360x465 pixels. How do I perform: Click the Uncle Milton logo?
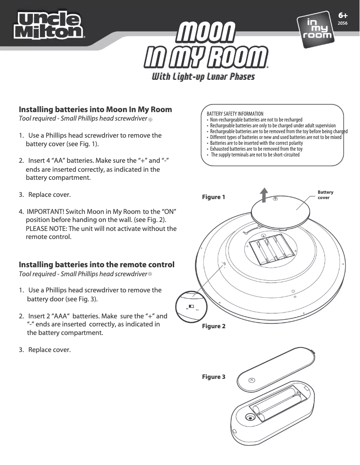coord(50,25)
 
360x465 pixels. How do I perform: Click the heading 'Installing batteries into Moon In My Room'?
coord(95,109)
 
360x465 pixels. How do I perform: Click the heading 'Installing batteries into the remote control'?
coord(97,265)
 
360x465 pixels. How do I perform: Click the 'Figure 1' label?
coord(214,197)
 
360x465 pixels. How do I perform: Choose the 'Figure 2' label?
coord(214,326)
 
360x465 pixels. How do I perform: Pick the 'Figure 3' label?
coord(214,377)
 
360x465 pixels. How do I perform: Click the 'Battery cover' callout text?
coord(325,195)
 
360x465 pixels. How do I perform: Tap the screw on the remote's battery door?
coord(251,380)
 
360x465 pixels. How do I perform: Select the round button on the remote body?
coord(248,418)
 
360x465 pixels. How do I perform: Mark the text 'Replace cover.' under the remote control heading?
coord(49,349)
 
